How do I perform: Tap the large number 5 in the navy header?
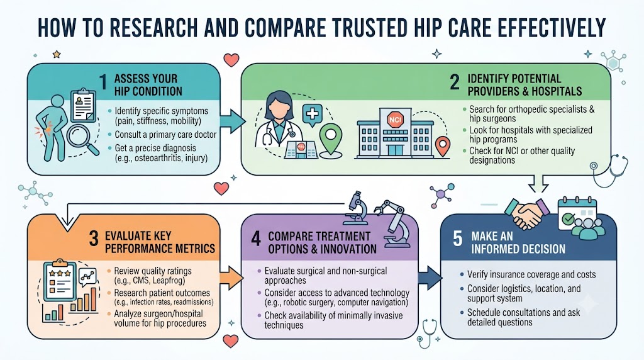coord(458,239)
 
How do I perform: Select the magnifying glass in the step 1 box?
coord(82,140)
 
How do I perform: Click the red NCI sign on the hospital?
coord(395,120)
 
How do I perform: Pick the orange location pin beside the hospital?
coord(442,147)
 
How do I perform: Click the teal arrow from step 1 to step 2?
coord(233,121)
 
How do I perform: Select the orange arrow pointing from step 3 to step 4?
coord(231,278)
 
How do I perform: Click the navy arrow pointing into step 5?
coord(430,278)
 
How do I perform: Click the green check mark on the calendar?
coord(568,218)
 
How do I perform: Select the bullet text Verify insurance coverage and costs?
coord(531,274)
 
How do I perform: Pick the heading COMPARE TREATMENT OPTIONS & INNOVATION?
coord(322,242)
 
